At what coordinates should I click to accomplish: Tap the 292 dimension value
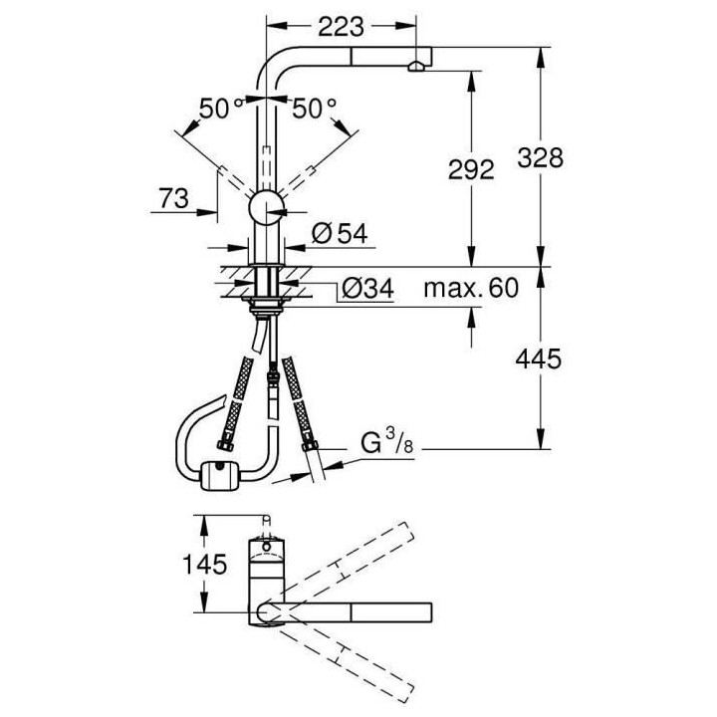[x=471, y=169]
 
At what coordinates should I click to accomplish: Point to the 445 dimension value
[x=539, y=358]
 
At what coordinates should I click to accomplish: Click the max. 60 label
[x=470, y=290]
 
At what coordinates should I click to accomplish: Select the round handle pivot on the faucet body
[x=265, y=209]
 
